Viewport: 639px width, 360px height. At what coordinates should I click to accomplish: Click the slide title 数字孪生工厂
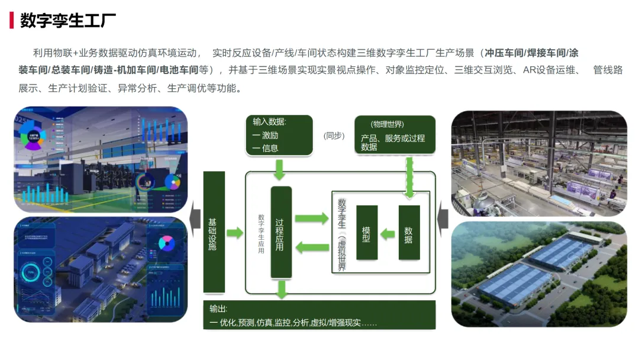68,20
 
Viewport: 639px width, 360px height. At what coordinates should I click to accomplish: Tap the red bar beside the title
11,20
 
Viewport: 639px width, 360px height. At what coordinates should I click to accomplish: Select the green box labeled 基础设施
214,232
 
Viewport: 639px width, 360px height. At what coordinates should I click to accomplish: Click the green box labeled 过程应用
281,232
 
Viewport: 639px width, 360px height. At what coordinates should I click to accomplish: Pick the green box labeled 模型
367,233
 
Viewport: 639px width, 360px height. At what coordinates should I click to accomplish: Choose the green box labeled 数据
409,233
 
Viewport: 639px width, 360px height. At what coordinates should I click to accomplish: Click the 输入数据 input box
279,135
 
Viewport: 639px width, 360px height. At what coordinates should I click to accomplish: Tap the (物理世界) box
395,135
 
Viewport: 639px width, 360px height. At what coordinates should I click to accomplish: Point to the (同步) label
334,136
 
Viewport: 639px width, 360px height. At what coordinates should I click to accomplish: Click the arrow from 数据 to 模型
388,234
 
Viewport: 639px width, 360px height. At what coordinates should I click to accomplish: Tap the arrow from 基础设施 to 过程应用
235,232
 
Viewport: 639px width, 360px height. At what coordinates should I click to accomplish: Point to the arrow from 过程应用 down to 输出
282,289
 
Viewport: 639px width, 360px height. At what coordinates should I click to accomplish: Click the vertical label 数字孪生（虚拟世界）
341,234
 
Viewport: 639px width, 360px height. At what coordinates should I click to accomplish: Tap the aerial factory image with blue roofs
538,274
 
